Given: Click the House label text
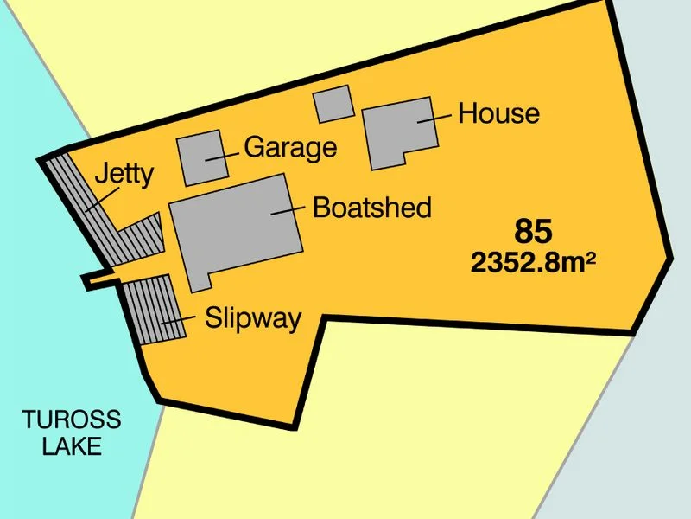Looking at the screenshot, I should coord(498,113).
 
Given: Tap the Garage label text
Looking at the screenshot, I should coord(290,147).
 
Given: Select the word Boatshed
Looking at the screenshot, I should coord(371,208).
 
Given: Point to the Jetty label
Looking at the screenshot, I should coord(124,174).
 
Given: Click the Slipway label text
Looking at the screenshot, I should coord(253,318).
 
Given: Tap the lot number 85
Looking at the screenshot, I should coord(533,232).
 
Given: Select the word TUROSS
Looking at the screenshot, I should coord(72,421).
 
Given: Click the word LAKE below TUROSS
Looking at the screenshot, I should coord(72,446).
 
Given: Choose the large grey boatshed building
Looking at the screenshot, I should coord(233,227).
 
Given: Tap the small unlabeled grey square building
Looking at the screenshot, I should coord(333,105).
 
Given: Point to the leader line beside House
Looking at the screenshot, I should coord(434,118).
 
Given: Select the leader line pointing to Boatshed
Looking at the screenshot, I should coord(289,209).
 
